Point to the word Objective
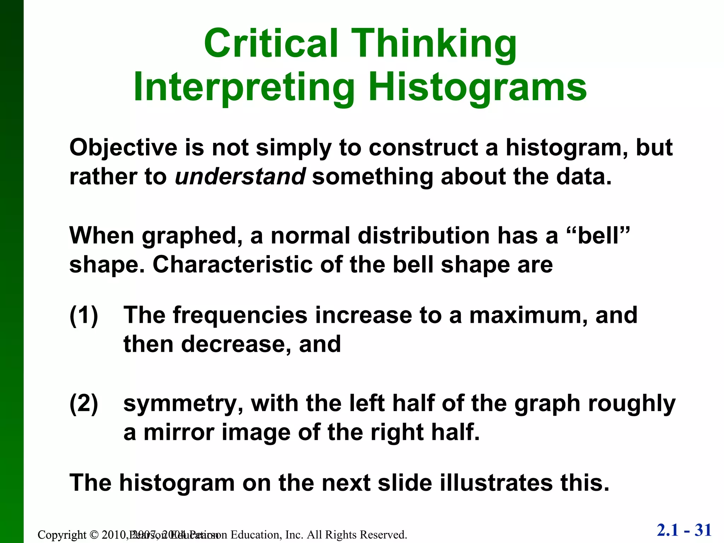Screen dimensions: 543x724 [x=123, y=148]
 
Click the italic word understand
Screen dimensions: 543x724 [x=240, y=176]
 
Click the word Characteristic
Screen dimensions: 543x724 [x=233, y=265]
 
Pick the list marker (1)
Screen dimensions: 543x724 [x=84, y=315]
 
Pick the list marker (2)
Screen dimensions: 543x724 [x=84, y=404]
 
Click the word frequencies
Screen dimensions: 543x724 [x=240, y=315]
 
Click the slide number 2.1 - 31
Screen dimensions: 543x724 [x=684, y=530]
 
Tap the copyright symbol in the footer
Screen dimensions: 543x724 [x=93, y=535]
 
